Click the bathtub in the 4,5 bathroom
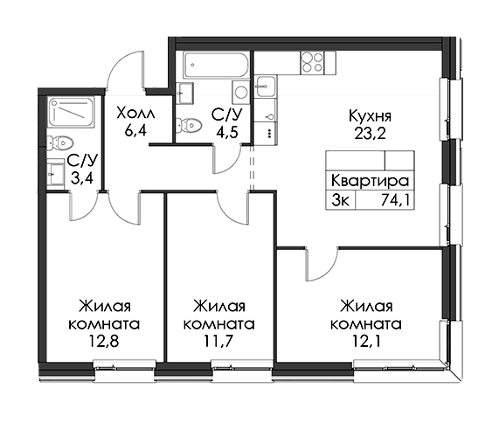pos(216,66)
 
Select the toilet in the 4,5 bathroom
pos(189,124)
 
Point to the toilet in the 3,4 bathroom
pos(60,143)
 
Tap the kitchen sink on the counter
pos(265,87)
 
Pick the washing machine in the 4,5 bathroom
pos(240,92)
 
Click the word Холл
pos(135,113)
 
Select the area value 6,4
pos(135,130)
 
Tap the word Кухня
pos(370,116)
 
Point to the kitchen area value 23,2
pos(370,134)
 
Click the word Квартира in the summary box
pos(370,181)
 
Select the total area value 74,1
pos(395,200)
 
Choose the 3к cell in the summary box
pos(340,200)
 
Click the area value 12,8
pos(104,342)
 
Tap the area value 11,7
pos(219,342)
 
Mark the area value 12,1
pos(366,342)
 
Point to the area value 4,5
pos(226,132)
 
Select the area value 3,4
pos(82,178)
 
